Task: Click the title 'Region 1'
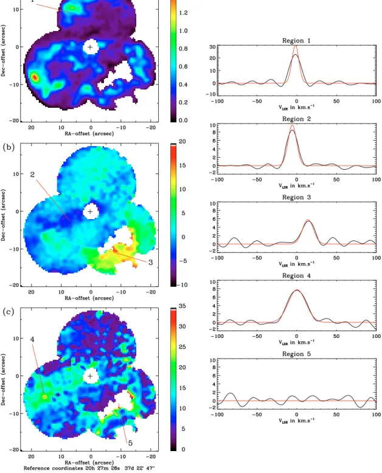tap(296, 40)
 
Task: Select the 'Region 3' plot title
tap(296, 197)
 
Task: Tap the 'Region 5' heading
tap(296, 354)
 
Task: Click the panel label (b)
tap(9, 147)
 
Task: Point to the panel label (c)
tap(9, 312)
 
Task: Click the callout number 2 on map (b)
tap(32, 174)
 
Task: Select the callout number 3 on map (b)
tap(150, 262)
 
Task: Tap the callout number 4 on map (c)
tap(32, 339)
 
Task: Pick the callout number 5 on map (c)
tap(130, 443)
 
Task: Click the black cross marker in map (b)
tap(90, 211)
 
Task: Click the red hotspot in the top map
tap(35, 77)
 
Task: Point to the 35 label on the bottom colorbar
tap(182, 306)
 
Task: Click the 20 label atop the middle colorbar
tap(182, 141)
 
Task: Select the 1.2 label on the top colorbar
tap(183, 13)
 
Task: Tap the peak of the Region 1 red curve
tap(296, 46)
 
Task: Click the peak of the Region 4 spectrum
tap(297, 290)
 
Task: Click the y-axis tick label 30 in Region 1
tap(212, 47)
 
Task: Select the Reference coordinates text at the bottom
tap(89, 468)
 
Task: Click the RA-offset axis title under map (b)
tap(89, 298)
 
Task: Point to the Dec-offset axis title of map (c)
tap(3, 379)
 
